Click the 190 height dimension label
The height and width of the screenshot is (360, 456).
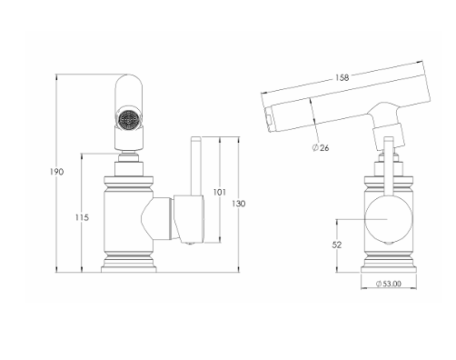coord(56,172)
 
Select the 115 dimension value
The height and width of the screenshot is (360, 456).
coord(82,217)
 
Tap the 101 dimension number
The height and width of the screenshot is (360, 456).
coord(220,192)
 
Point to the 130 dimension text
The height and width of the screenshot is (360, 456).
coord(239,204)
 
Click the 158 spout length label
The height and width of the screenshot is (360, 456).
coord(342,77)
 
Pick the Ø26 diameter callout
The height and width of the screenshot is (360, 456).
coord(321,148)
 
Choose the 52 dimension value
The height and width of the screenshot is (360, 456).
coord(337,245)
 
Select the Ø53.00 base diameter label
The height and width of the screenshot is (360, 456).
coord(389,284)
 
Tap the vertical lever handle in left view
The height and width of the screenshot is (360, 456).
coord(195,166)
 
